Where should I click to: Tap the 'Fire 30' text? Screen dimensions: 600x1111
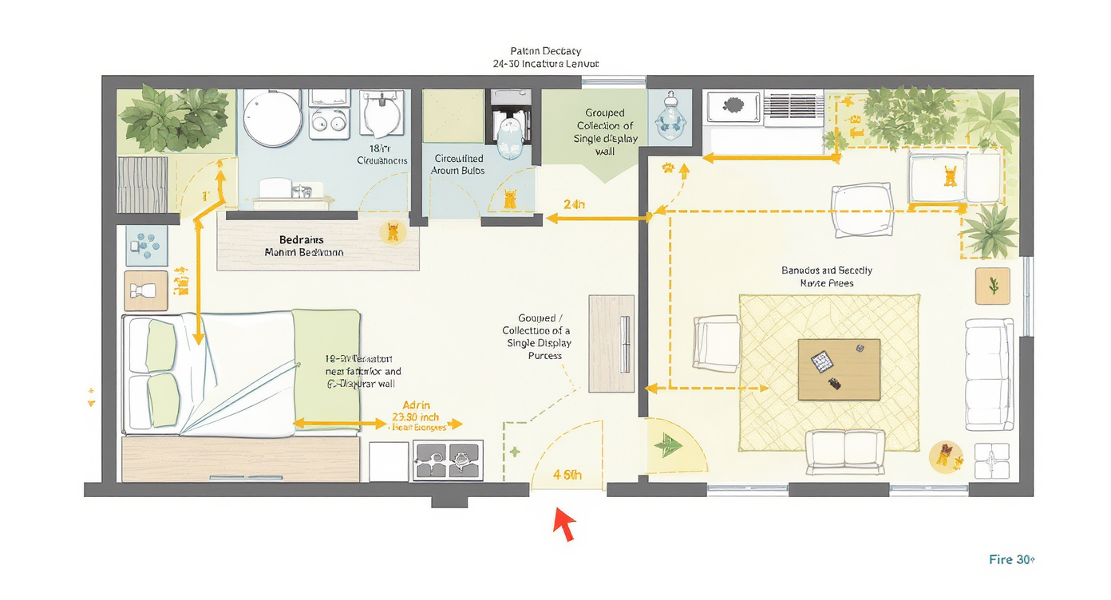[1011, 559]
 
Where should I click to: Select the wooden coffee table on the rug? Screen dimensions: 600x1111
[839, 369]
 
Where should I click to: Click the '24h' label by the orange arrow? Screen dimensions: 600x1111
[574, 204]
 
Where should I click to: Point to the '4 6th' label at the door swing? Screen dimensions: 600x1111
[567, 475]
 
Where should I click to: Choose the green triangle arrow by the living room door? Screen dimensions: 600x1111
[666, 444]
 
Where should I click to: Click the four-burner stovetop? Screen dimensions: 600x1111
[448, 461]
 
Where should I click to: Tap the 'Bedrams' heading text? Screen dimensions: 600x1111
[302, 239]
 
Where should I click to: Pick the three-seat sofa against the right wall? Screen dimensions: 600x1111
[989, 374]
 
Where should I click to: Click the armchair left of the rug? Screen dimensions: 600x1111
[716, 342]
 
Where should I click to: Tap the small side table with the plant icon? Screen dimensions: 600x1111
[993, 286]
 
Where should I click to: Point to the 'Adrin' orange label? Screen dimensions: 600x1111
[417, 405]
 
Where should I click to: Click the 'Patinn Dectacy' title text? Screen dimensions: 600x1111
[545, 51]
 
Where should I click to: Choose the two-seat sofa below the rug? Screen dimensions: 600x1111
[845, 452]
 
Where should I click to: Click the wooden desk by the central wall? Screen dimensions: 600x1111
[611, 343]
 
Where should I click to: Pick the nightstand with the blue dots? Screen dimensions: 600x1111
[147, 245]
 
